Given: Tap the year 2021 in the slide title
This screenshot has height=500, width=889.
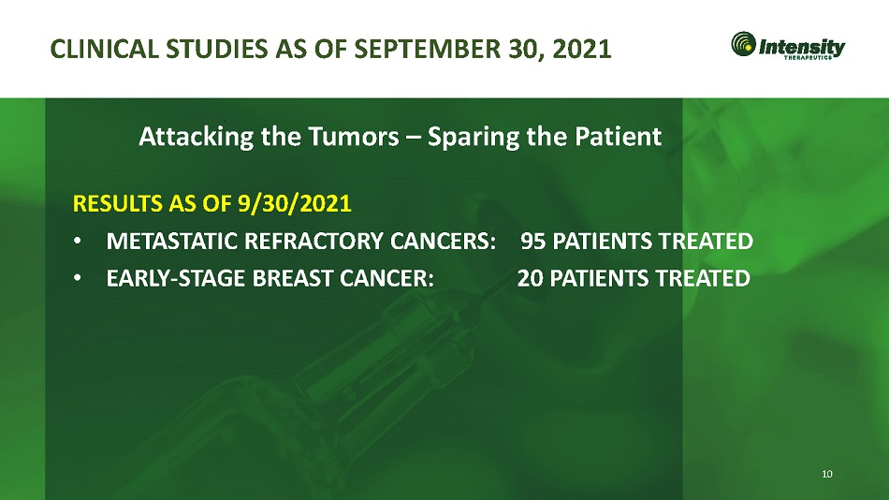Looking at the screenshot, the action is (582, 49).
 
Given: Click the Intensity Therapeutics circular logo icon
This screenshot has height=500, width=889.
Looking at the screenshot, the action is (743, 44).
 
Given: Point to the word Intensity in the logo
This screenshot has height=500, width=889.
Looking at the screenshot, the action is (802, 46).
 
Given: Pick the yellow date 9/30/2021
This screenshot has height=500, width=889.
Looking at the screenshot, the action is (294, 203).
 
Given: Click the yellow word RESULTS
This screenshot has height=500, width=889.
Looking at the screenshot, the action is (119, 203).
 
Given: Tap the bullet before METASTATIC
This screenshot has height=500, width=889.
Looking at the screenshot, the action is (77, 242).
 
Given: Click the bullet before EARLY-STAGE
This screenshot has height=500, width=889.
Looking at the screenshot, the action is (77, 278).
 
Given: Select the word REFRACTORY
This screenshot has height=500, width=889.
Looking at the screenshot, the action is (314, 242).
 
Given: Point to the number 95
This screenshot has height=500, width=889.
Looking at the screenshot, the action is (533, 242).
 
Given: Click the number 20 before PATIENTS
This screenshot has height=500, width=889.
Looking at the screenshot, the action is (530, 278).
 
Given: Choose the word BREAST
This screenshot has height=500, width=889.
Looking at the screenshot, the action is (293, 278).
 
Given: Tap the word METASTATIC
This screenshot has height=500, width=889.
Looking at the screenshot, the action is (172, 242).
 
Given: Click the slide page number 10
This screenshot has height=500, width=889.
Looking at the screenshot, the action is (827, 474).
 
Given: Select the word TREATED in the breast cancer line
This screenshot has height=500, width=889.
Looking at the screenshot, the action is (703, 278).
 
